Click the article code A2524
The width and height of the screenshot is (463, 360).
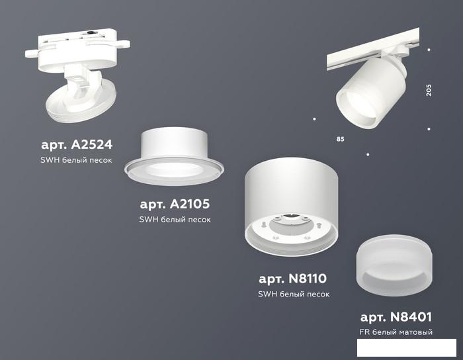point(92,145)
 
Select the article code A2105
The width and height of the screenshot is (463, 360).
point(190,204)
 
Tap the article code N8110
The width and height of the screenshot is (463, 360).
point(308,279)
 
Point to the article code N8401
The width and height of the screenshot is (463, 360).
point(411,317)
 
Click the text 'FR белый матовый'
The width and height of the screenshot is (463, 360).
point(396,332)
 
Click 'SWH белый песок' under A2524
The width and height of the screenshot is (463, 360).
point(76,160)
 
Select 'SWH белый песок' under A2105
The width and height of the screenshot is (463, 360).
point(175,220)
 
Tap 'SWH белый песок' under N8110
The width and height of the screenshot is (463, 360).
point(294,294)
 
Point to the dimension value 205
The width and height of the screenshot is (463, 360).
point(429,90)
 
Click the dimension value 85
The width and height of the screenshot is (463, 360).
point(341,139)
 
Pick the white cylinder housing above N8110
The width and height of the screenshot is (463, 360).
point(292,206)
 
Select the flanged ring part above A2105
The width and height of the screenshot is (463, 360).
point(174,157)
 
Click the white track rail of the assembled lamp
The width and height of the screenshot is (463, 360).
point(373,49)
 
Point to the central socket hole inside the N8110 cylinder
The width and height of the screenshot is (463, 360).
point(291,218)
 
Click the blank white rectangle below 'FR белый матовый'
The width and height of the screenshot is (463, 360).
point(407,347)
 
